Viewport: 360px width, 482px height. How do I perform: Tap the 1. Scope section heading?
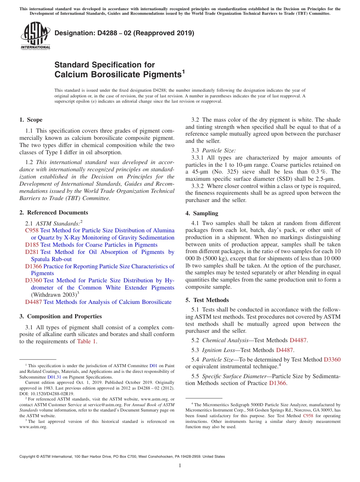(31, 120)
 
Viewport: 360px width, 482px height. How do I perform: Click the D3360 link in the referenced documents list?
(33, 280)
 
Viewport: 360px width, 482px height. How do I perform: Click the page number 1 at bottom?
(180, 466)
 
